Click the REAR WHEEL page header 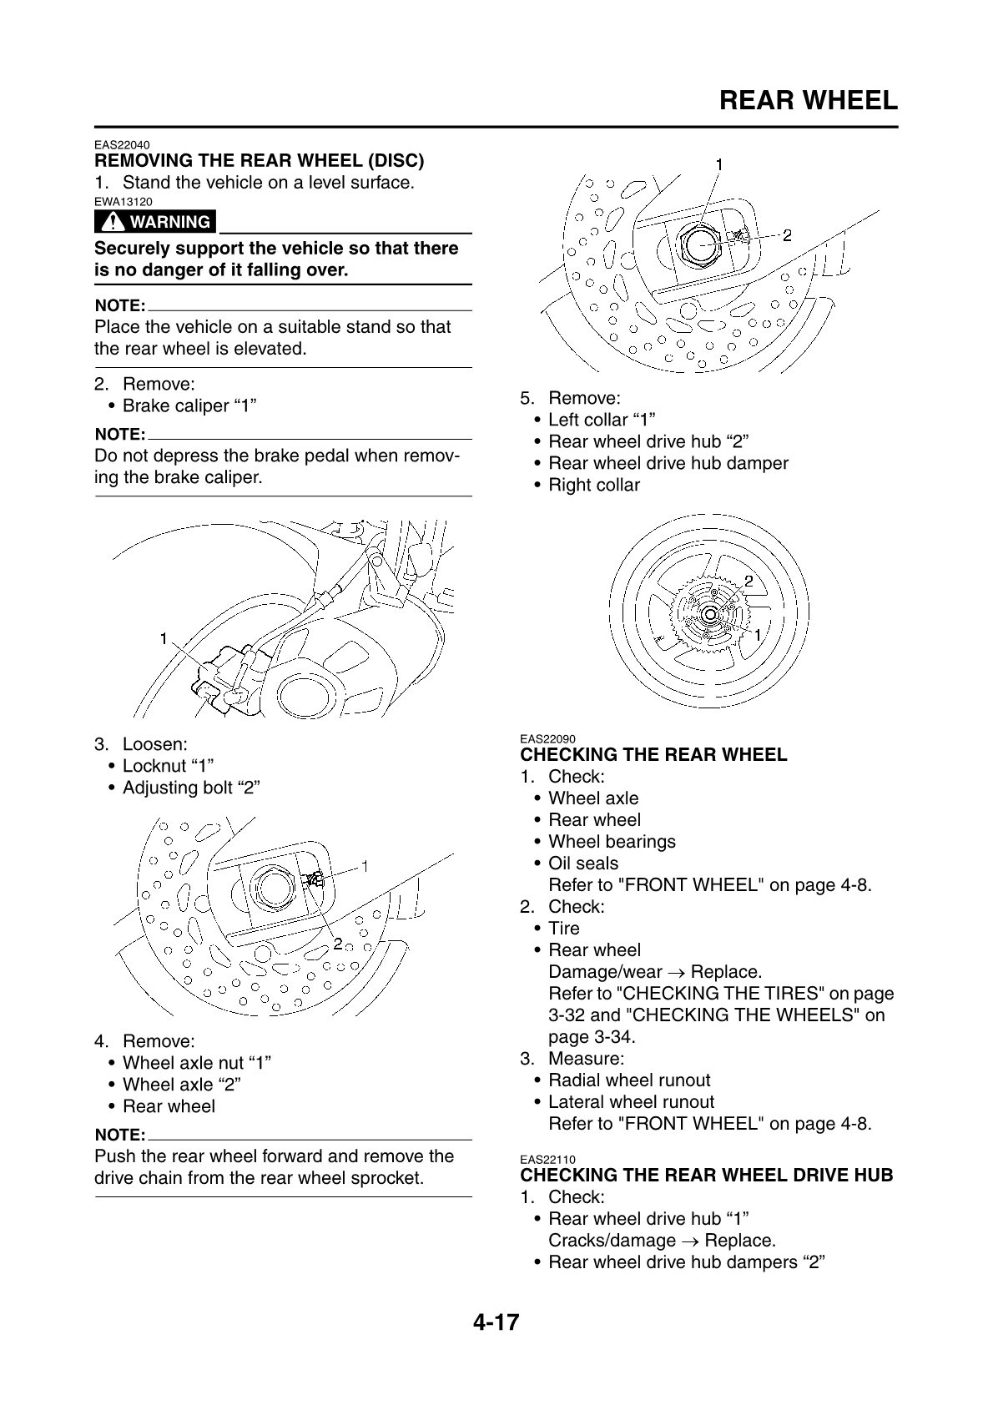click(807, 101)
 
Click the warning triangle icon click(111, 222)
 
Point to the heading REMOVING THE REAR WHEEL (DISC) click(260, 160)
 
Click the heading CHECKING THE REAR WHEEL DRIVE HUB click(706, 1176)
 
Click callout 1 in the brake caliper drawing click(164, 638)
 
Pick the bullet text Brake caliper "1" click(189, 406)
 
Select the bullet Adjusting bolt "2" click(191, 788)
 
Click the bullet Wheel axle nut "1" click(197, 1063)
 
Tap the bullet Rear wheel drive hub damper click(668, 463)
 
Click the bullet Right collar click(593, 485)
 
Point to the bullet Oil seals click(583, 864)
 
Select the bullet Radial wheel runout click(629, 1080)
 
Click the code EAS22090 click(547, 739)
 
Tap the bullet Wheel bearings click(612, 842)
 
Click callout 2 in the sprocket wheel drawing click(749, 580)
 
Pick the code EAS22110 click(547, 1160)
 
